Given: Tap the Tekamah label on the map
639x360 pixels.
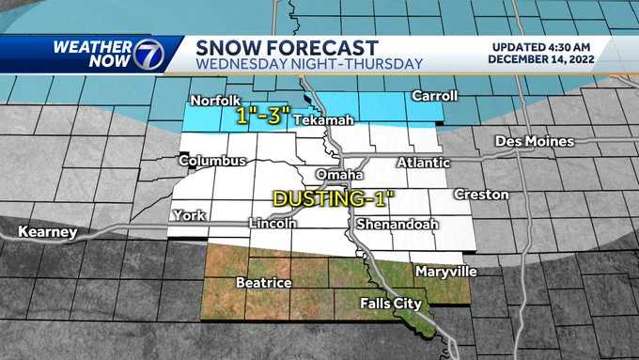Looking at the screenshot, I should point(317,121).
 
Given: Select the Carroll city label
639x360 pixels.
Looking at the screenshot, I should point(435,96).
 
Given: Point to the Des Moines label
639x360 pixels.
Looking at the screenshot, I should point(535,141).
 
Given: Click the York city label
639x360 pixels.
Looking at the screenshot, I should point(189,215).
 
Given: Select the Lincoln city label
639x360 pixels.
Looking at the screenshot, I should point(273,224).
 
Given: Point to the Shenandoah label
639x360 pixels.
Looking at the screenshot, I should point(392,224).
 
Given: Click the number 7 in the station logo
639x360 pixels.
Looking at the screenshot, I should point(151,54).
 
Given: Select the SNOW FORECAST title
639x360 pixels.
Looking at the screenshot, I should point(286,46).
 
